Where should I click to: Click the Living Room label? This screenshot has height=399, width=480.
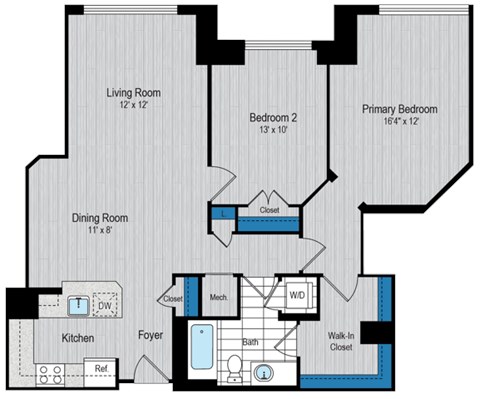tap(134, 93)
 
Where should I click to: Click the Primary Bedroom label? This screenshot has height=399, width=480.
tap(402, 109)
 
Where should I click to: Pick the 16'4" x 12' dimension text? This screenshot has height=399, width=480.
tap(402, 122)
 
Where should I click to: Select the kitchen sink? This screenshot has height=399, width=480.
tap(75, 299)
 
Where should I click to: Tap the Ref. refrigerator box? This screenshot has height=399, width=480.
tap(102, 369)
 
